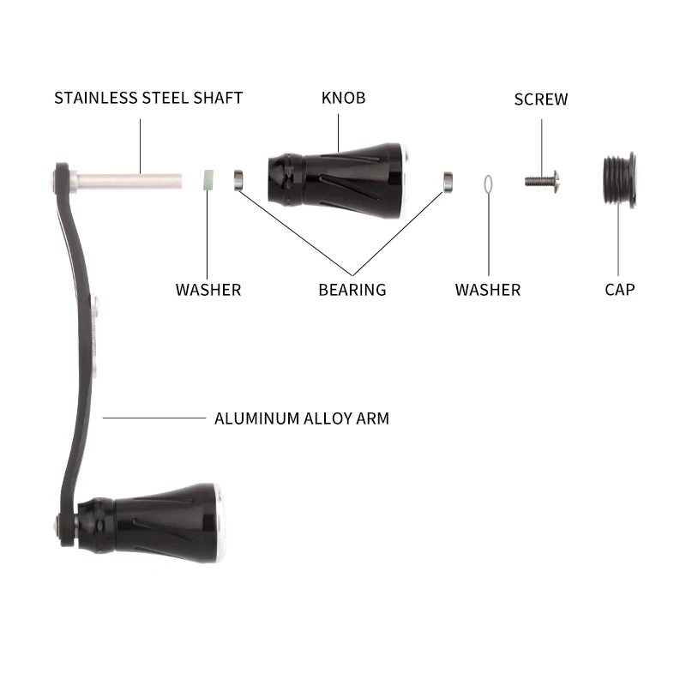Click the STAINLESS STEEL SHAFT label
pyautogui.click(x=148, y=97)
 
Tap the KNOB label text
pyautogui.click(x=343, y=97)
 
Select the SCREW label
pyautogui.click(x=540, y=99)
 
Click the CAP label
pyautogui.click(x=619, y=289)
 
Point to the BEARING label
pyautogui.click(x=352, y=289)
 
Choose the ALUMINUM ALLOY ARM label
pyautogui.click(x=301, y=418)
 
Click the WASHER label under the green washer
pyautogui.click(x=208, y=289)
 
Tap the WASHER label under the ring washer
pyautogui.click(x=487, y=289)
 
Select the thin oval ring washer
pyautogui.click(x=487, y=184)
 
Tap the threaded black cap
pyautogui.click(x=618, y=181)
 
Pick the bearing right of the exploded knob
pyautogui.click(x=447, y=179)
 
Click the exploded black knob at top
pyautogui.click(x=339, y=178)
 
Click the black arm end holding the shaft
pyautogui.click(x=63, y=180)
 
